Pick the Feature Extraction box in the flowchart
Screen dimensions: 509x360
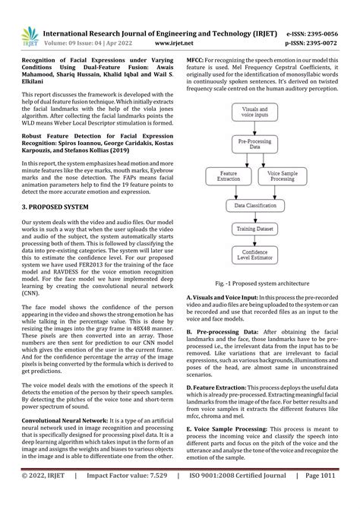click(x=228, y=176)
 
